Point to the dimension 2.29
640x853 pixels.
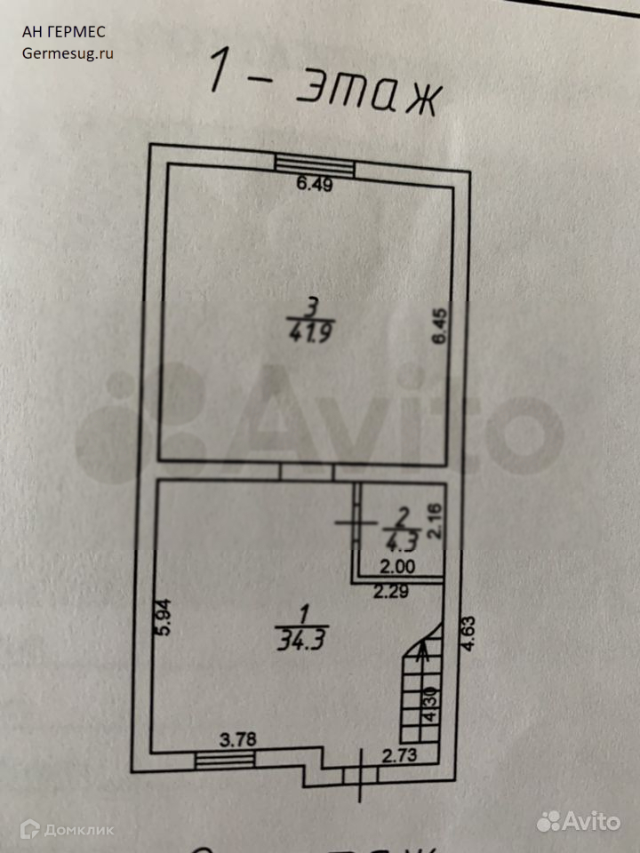[390, 594]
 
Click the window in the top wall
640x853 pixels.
[315, 163]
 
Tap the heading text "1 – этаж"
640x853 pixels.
[324, 84]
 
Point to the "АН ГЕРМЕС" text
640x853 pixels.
[63, 32]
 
